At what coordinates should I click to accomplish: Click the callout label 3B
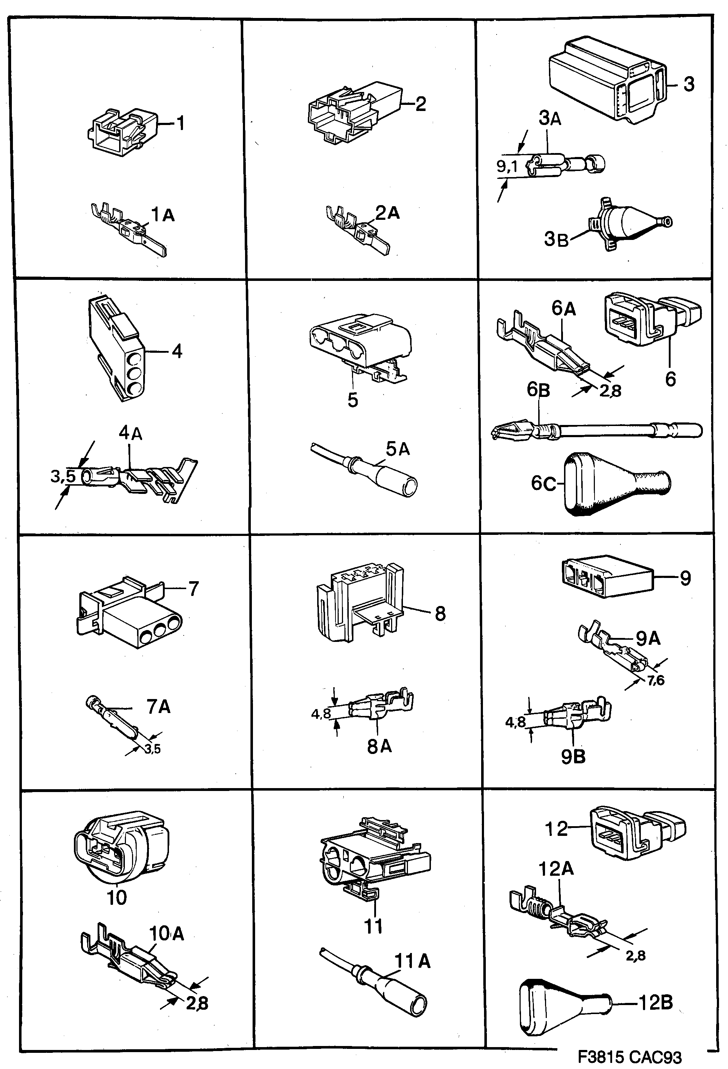tap(556, 239)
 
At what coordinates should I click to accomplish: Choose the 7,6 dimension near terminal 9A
tap(656, 680)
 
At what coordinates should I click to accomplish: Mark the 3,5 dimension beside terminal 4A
tap(63, 476)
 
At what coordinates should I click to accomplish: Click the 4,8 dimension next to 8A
tap(321, 713)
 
